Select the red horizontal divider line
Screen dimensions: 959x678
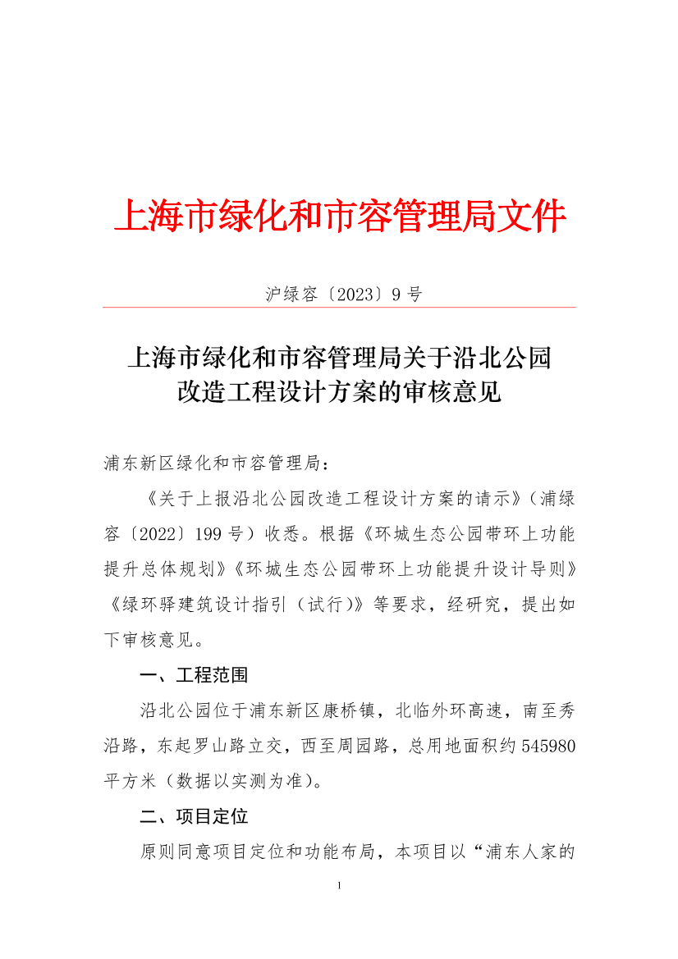point(339,308)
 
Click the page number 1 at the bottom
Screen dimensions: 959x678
point(339,886)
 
